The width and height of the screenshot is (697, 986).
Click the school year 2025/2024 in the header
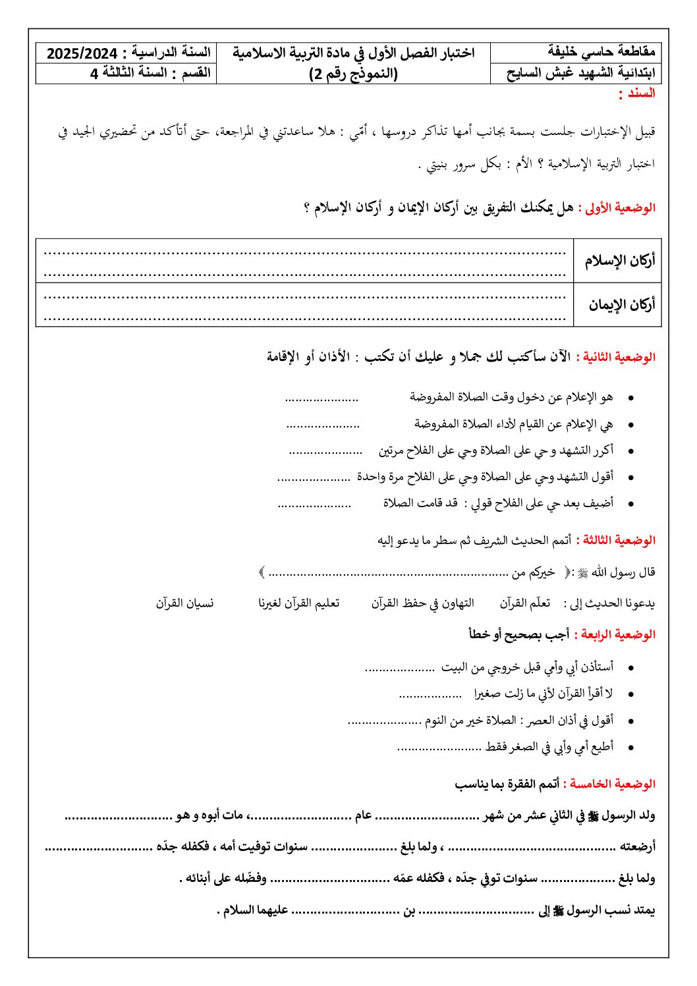[82, 53]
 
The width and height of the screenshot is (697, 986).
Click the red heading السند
[637, 94]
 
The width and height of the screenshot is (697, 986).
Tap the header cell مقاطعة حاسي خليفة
[601, 52]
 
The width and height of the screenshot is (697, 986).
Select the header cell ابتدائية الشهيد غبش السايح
[580, 73]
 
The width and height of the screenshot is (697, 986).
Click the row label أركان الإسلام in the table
[619, 261]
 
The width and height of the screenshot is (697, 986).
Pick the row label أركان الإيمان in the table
[622, 305]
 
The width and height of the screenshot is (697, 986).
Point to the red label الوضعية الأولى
[620, 208]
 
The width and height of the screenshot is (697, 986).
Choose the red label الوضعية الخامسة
[613, 784]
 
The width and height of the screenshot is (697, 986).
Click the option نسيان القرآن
[185, 603]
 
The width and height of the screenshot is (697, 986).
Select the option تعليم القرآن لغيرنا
[298, 603]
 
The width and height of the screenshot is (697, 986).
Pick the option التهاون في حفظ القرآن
[422, 603]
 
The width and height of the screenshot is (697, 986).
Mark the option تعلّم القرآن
[524, 603]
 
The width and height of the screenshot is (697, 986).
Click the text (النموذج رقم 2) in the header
[354, 73]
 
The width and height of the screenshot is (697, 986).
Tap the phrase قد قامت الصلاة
[420, 503]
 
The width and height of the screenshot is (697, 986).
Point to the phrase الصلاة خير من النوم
[470, 721]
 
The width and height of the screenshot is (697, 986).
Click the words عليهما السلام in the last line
[256, 910]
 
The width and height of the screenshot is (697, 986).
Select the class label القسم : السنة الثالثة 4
[150, 73]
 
